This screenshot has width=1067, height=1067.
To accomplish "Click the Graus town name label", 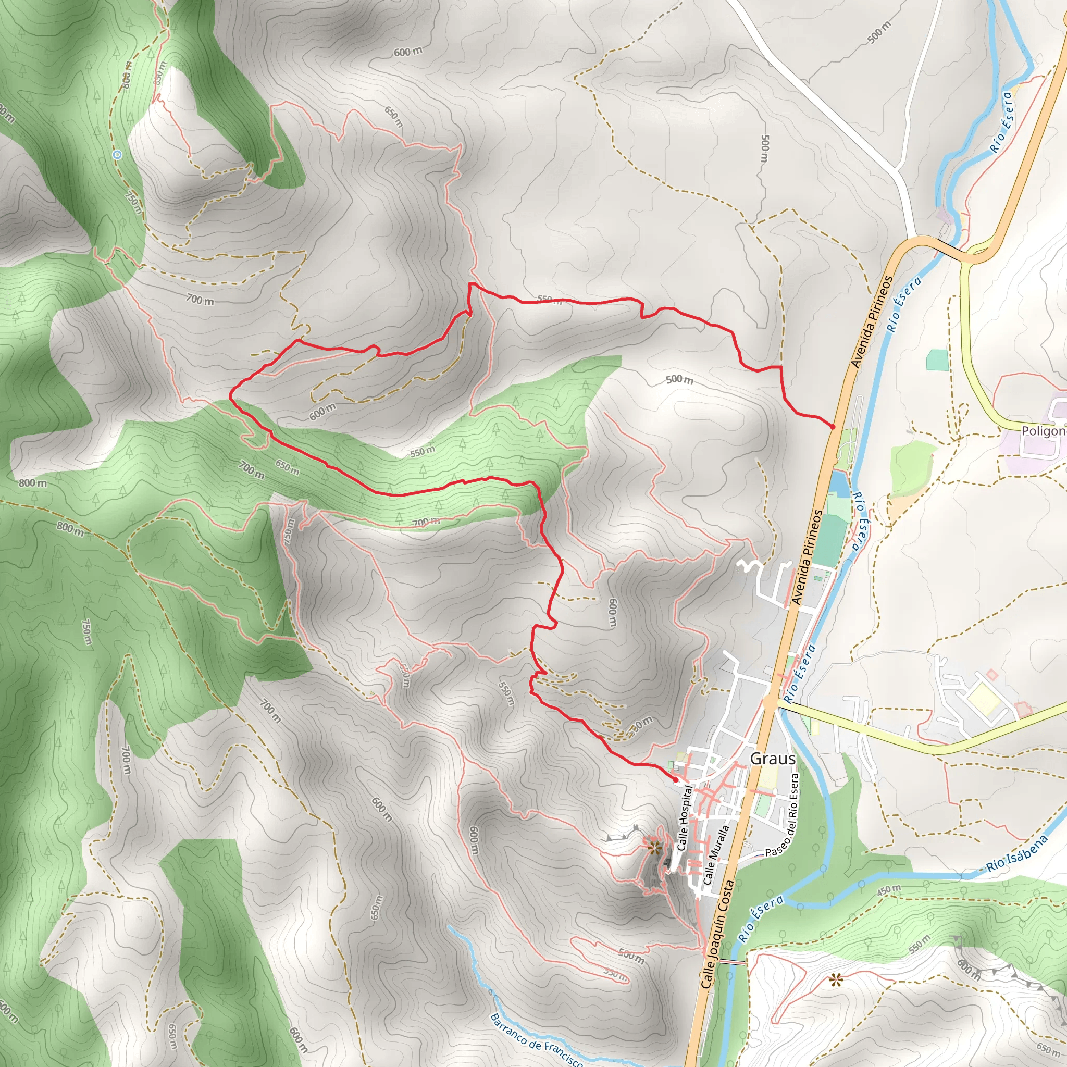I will click(x=773, y=759).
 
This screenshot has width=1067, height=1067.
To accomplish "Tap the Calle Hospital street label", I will click(x=684, y=818).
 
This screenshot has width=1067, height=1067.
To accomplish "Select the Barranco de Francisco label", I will click(x=536, y=1040).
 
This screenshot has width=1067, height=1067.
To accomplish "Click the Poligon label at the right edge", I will click(x=1043, y=431).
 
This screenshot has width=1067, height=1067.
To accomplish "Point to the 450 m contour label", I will click(x=889, y=891).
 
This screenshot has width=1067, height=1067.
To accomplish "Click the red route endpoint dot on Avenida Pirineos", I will click(x=832, y=426).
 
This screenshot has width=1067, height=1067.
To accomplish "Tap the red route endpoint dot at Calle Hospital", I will click(x=676, y=780).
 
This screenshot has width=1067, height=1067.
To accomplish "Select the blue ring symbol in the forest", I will click(x=117, y=155).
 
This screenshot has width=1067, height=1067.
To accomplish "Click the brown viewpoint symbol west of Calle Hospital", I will click(x=654, y=847).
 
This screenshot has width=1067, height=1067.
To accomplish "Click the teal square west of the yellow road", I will click(x=937, y=360).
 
